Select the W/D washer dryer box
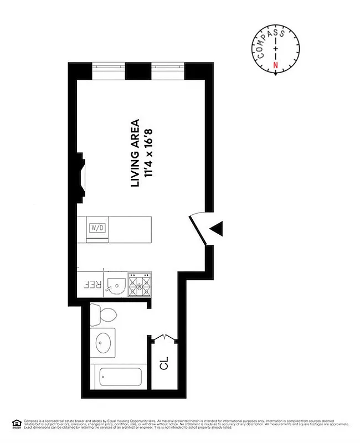(x=97, y=228)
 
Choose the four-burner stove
(x=140, y=285)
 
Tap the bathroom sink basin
(x=103, y=342)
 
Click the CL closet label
(x=164, y=365)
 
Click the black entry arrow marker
(x=216, y=229)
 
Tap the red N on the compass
(x=276, y=65)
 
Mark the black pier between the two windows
(x=138, y=70)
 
